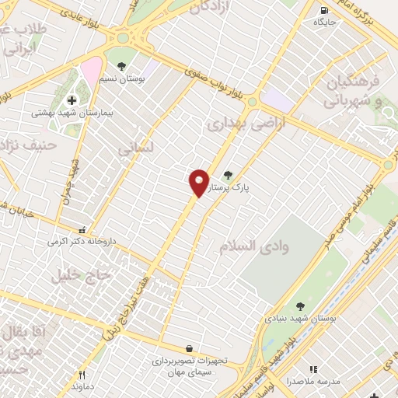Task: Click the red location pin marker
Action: [x=199, y=182]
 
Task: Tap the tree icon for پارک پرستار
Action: [x=228, y=175]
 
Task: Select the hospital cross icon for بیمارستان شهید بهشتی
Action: [x=72, y=100]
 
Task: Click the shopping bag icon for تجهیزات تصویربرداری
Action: [x=189, y=349]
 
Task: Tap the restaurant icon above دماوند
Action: [x=82, y=374]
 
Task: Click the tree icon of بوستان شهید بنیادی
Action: [x=300, y=306]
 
